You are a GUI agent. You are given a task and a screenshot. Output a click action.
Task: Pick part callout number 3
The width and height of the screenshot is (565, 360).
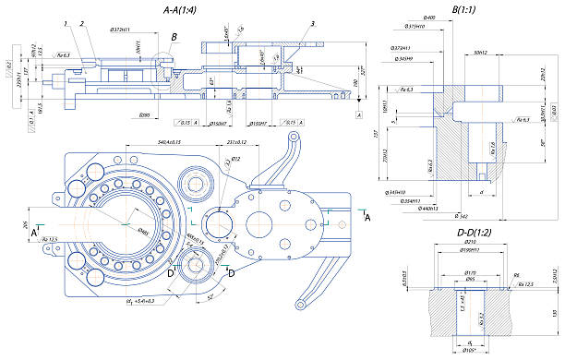pos(313,23)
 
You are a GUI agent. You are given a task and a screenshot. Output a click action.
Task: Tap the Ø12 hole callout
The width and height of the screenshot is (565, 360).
pos(235,160)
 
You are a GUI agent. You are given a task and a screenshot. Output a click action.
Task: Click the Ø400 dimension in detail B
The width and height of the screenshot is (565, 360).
pos(428,19)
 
